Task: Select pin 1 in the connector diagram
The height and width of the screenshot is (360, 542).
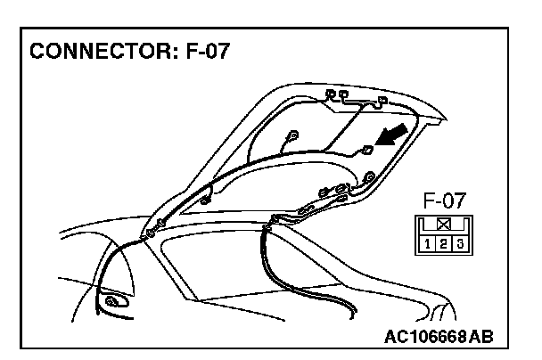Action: (430, 242)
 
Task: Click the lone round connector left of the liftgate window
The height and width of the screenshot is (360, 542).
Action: (292, 138)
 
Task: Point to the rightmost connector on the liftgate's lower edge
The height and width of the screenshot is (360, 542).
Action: (365, 181)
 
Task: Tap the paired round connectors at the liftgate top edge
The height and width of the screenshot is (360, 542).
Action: (338, 94)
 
